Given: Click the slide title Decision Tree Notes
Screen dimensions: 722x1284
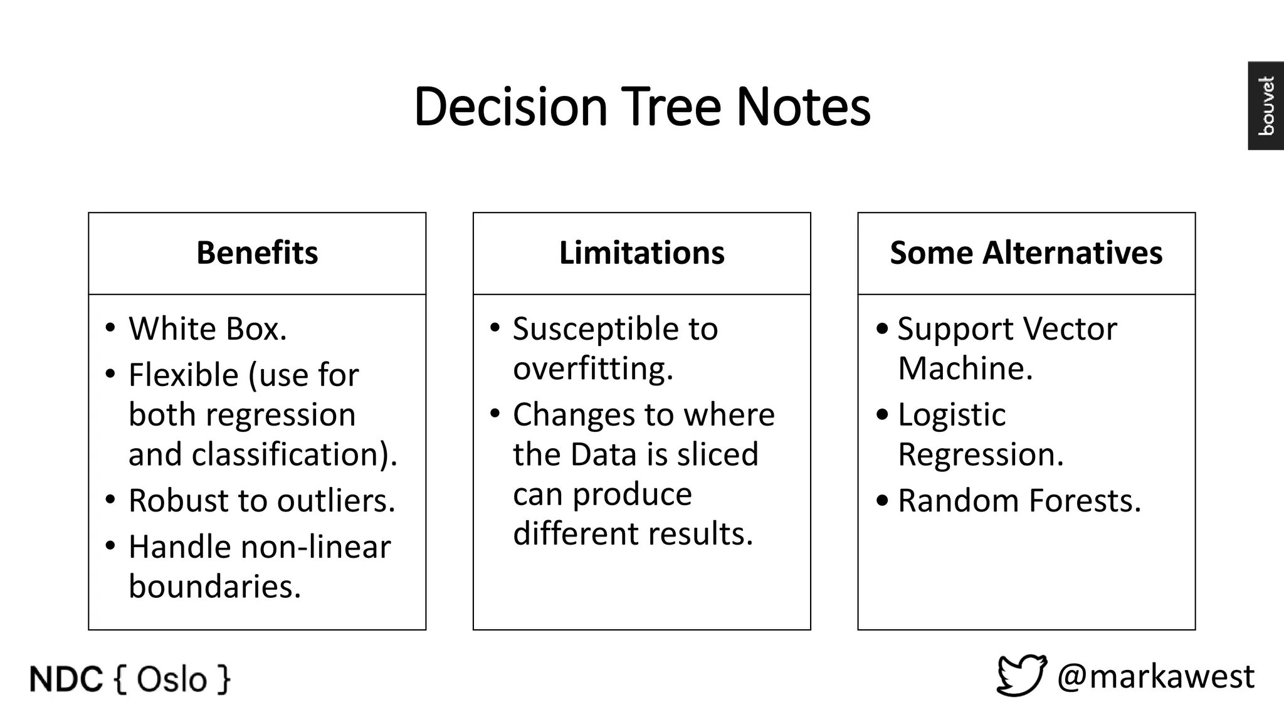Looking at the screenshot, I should click(x=642, y=107).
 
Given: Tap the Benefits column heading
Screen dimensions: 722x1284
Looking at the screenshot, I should click(x=257, y=253).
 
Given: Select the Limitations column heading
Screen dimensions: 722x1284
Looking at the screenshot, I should click(x=641, y=253).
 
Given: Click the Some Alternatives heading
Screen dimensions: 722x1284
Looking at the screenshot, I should click(x=1026, y=253).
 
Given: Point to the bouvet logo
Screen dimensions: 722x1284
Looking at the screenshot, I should click(x=1266, y=105).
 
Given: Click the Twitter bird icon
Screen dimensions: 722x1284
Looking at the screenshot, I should click(x=1021, y=676).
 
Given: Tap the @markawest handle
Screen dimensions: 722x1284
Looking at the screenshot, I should click(x=1155, y=677).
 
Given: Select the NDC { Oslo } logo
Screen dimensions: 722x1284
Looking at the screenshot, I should click(x=130, y=679).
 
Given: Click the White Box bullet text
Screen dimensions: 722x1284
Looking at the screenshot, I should click(x=208, y=329).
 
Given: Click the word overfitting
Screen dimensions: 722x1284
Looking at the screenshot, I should click(x=592, y=369).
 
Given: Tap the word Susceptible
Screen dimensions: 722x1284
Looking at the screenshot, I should click(x=596, y=330).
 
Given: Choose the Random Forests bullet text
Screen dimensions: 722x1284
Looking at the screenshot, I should click(x=1019, y=501).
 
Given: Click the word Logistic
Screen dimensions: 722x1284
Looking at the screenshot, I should click(x=951, y=415).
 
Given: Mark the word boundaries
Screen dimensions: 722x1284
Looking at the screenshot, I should click(x=214, y=587).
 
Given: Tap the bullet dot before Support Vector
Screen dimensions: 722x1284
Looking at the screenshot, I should click(x=882, y=328).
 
